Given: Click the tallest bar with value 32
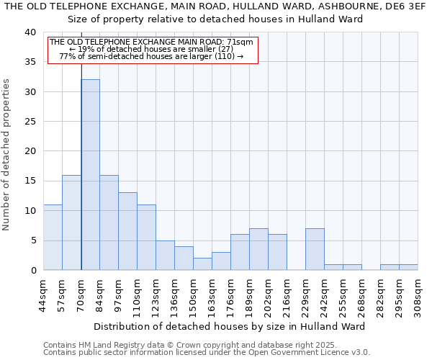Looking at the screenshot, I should [90, 175].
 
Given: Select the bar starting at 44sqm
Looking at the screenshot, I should [53, 238].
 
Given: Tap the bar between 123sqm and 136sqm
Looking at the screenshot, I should [165, 255].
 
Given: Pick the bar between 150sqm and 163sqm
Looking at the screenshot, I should [202, 264].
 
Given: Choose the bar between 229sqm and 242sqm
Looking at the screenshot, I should [315, 249].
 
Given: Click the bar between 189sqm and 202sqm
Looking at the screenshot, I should [258, 249].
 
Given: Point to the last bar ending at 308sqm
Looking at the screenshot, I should [408, 267].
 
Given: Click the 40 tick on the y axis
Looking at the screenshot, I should [30, 32].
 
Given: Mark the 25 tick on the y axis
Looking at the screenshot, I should [30, 122].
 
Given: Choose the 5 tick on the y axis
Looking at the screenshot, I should [33, 240].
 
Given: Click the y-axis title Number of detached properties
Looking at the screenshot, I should [7, 151].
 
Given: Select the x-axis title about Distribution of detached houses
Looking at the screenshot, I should [229, 326].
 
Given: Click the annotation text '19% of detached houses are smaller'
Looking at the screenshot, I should [150, 49].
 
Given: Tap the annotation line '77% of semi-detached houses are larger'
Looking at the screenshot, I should [150, 56].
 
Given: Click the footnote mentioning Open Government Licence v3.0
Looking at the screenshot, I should [206, 353].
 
